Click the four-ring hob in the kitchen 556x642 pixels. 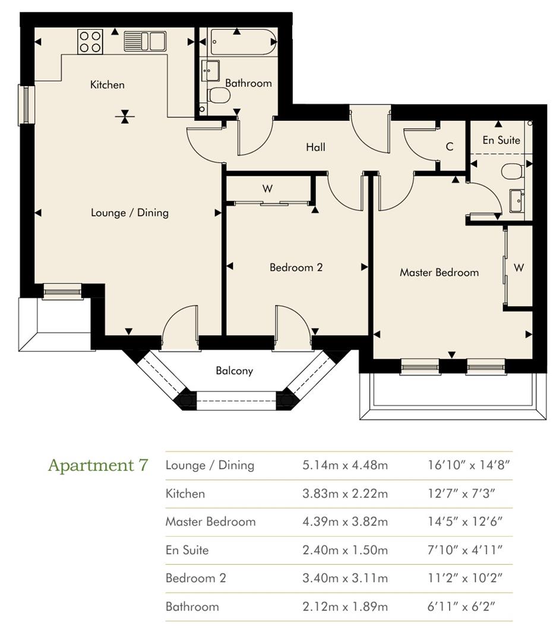point(90,42)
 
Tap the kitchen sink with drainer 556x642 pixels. point(145,41)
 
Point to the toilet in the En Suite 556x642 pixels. point(513,171)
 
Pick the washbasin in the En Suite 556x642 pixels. point(517,201)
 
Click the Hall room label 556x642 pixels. point(315,147)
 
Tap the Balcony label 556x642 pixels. point(235,370)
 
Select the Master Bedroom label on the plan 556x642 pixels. point(439,272)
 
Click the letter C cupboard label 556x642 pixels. point(449,147)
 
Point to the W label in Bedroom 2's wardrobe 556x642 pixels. point(267,189)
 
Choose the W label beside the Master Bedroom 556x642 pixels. point(519,267)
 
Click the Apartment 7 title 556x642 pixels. point(98,465)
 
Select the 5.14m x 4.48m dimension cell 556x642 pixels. point(345,465)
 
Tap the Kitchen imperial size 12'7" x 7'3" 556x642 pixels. point(461,493)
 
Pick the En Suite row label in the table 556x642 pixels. point(187,550)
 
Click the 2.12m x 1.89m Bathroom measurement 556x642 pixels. point(345,606)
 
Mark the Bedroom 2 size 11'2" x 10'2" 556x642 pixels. point(465,578)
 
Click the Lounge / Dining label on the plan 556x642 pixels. point(129,212)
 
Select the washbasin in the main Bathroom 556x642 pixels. point(210,71)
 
